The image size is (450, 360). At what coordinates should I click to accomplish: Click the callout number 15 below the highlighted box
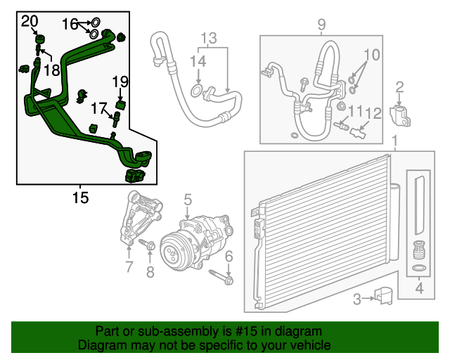(x=81, y=198)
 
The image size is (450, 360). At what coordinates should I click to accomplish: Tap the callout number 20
(x=30, y=22)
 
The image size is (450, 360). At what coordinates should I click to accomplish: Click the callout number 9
(x=321, y=26)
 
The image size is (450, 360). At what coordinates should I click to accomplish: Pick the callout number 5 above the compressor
(x=188, y=203)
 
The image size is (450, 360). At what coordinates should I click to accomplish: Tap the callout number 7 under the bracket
(x=129, y=266)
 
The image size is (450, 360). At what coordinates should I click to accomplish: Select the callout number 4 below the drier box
(x=418, y=287)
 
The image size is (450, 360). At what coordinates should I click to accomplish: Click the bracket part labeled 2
(x=399, y=114)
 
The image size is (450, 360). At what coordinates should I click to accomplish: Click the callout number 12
(x=373, y=112)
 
